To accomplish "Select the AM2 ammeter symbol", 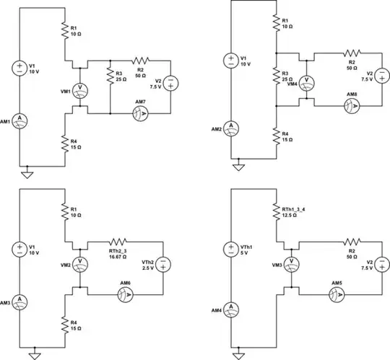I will [x=230, y=127].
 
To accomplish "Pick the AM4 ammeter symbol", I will [x=230, y=308].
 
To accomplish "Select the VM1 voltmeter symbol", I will [x=81, y=88].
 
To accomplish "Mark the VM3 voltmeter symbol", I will [x=290, y=263].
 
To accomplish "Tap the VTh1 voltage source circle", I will [x=230, y=250].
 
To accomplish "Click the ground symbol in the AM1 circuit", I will [x=27, y=173].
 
